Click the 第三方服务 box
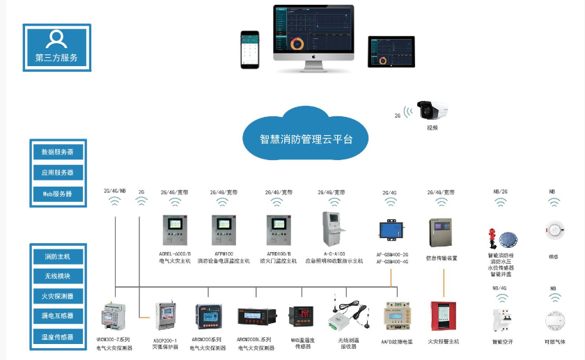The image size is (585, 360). [56, 47]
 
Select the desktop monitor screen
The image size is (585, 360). [313, 29]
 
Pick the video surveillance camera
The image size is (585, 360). [432, 110]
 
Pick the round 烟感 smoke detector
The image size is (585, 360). [553, 230]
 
